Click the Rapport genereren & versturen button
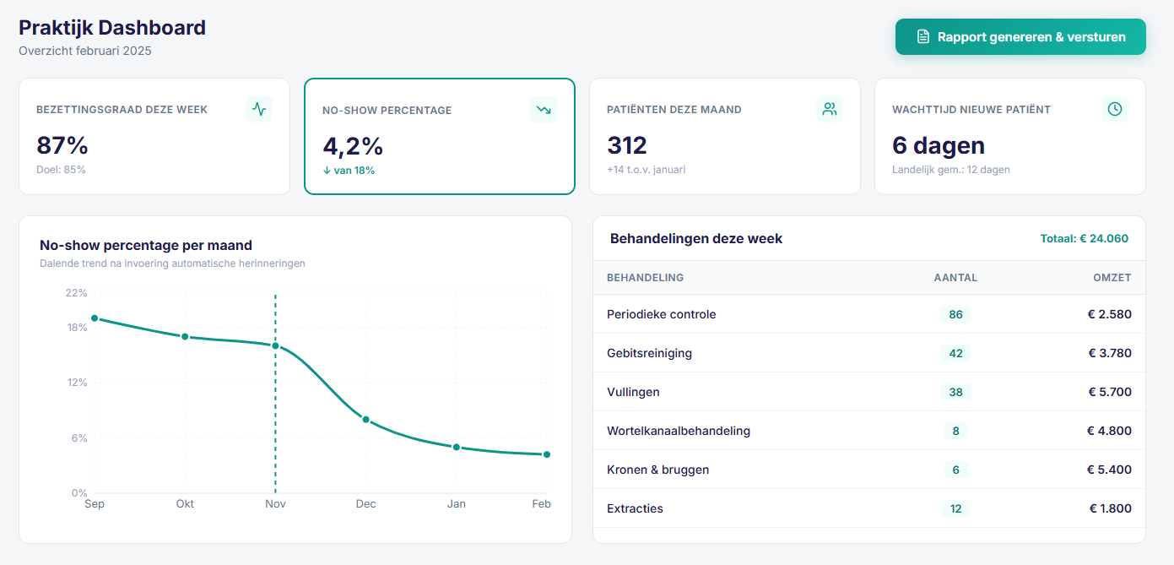[1020, 37]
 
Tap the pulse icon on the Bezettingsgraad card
[259, 109]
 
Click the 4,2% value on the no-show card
[353, 146]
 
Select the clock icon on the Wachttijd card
[1115, 109]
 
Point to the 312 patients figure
[627, 145]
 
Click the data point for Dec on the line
[365, 420]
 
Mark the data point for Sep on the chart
[95, 318]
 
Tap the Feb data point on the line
[546, 454]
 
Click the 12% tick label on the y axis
[77, 383]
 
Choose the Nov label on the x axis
[275, 504]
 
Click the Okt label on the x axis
[185, 504]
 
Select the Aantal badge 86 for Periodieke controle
[955, 314]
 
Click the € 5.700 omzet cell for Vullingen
[1109, 392]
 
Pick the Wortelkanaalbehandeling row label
[678, 431]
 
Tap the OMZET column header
[1112, 278]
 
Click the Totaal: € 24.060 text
[1084, 239]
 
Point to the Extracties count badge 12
[955, 508]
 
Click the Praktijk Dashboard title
[112, 28]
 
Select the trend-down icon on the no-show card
[544, 110]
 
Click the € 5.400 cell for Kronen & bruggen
[1109, 470]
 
